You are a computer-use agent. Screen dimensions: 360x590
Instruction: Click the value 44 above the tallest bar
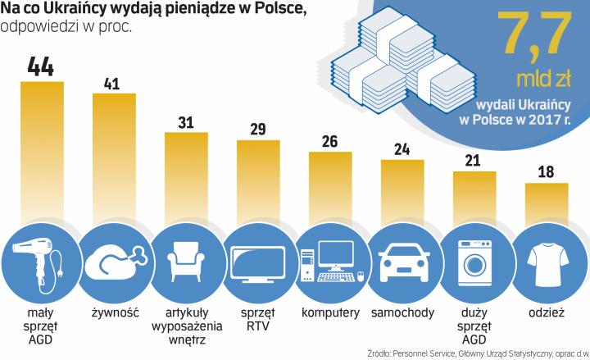click(x=42, y=66)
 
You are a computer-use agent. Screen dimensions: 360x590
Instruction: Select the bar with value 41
click(x=114, y=156)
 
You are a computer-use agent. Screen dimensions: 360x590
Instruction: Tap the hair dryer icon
click(x=42, y=260)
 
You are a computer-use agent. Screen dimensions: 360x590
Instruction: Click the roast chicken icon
click(x=114, y=260)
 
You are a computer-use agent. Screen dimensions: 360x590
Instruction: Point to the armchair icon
click(x=186, y=260)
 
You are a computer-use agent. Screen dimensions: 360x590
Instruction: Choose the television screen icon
click(x=258, y=260)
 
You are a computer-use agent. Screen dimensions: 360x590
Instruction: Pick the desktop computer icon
click(x=330, y=262)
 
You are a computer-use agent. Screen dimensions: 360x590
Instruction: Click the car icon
click(x=402, y=260)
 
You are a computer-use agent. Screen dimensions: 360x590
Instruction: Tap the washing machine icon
click(x=474, y=260)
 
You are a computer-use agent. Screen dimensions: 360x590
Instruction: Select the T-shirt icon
click(x=546, y=260)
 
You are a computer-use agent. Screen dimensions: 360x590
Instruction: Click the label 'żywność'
click(x=114, y=313)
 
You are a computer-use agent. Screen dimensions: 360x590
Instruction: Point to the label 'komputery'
click(x=330, y=313)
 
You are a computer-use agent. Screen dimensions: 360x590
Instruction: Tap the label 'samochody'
click(x=402, y=313)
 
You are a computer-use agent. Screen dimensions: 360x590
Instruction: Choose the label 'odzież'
click(x=546, y=313)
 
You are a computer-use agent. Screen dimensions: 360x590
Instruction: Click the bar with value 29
click(x=258, y=180)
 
